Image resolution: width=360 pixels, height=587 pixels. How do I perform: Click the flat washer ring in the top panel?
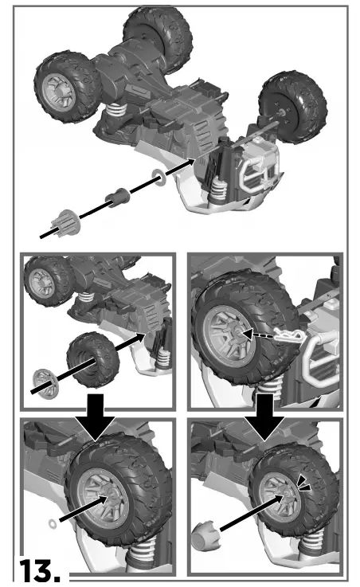(159, 177)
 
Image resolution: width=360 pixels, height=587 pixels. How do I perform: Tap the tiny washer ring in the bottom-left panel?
(53, 524)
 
